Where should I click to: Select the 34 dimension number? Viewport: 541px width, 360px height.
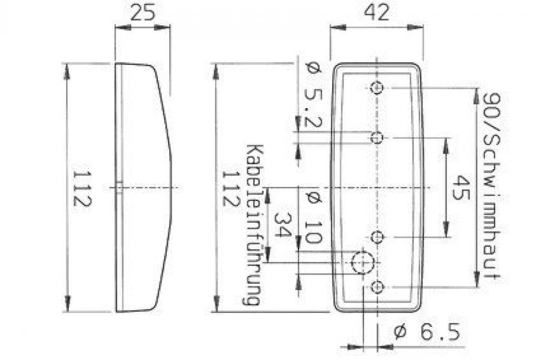click(x=282, y=226)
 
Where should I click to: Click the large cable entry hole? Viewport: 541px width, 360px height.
click(x=361, y=263)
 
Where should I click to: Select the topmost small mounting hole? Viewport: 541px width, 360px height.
click(x=377, y=88)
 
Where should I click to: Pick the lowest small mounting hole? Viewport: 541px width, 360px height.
click(x=377, y=287)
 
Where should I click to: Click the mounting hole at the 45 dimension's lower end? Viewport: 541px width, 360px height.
click(x=377, y=237)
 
